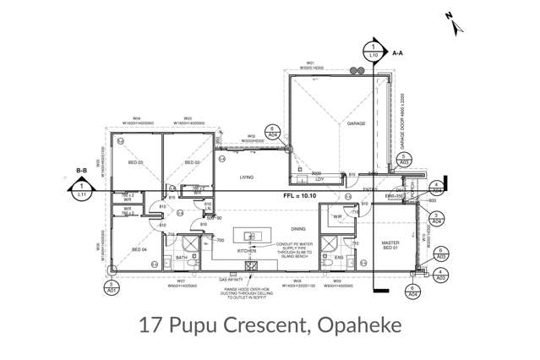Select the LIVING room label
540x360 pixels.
(247, 177)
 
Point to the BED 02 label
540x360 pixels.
(193, 162)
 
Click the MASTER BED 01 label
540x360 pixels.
(390, 245)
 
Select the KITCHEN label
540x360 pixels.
(247, 251)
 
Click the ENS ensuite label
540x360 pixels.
(338, 257)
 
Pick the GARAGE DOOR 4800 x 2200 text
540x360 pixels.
(403, 128)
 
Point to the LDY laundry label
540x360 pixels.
(320, 178)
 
